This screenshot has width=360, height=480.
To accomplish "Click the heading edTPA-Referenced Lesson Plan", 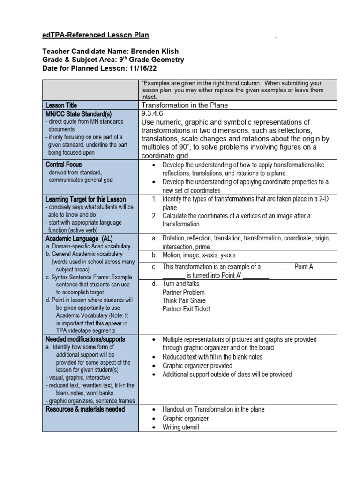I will pos(96,36).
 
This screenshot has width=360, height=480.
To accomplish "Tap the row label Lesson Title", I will pos(61,105).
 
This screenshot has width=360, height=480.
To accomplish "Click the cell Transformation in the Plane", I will pos(185,105).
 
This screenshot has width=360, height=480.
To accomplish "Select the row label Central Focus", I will pos(63,165).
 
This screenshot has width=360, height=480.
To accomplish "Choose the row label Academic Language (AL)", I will pos(79,238).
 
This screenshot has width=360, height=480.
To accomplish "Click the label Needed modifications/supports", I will pos(85,339).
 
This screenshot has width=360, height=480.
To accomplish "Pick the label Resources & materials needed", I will pos(85,409).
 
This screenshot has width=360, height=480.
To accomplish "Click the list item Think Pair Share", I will pos(184,300).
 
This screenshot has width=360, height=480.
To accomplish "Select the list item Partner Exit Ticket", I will pos(186,309).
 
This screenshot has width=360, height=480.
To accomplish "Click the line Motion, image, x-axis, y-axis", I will pos(199,255).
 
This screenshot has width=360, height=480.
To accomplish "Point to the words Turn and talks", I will pos(180,284).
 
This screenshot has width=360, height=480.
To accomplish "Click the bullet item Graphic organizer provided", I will pos(197,366).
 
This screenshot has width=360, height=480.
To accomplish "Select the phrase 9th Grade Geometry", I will pos(152,60).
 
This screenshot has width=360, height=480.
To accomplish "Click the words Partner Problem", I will pos(183,292).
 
